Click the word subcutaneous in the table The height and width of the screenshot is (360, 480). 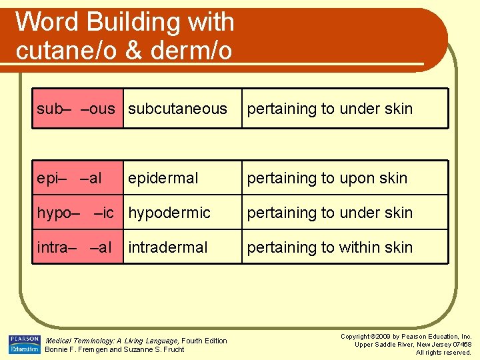177,109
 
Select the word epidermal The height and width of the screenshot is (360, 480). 163,178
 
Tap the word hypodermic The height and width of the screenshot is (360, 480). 169,213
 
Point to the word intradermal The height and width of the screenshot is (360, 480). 168,247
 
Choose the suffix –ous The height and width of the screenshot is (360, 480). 97,109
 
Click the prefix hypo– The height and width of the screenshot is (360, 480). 59,213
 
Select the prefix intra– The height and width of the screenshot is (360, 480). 57,247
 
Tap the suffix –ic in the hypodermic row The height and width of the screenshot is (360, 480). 104,213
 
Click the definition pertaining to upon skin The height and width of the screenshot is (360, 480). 327,178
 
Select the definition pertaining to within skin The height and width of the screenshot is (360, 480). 330,247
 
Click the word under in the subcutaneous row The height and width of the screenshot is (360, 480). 359,109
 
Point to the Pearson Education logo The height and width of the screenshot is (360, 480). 25,344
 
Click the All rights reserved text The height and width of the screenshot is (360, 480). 443,352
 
